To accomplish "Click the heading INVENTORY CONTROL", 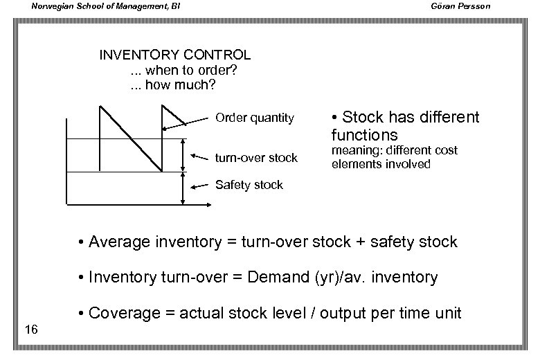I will click(175, 55).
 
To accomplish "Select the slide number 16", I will click(30, 327).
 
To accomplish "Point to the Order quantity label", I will click(254, 118).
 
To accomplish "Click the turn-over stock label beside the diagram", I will click(256, 158).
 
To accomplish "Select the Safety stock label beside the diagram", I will click(249, 185).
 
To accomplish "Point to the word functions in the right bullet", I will click(364, 134).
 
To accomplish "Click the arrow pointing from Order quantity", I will click(186, 124).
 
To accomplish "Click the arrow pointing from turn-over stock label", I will click(200, 157).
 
